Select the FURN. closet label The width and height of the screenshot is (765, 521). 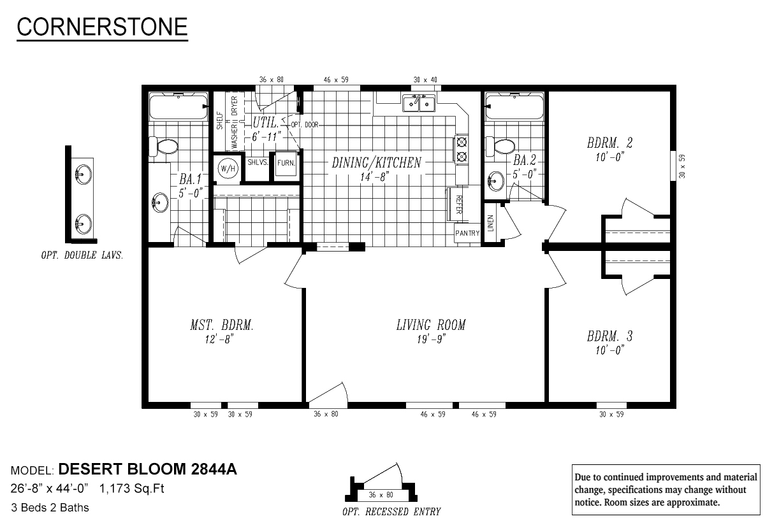(x=286, y=163)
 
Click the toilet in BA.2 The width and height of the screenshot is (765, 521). (x=503, y=147)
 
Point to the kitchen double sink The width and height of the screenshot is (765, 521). (x=419, y=103)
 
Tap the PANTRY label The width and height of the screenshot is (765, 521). (x=467, y=233)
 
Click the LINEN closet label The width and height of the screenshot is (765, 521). (x=490, y=223)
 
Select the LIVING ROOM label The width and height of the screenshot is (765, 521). (x=431, y=325)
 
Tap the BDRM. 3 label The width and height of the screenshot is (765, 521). (x=610, y=336)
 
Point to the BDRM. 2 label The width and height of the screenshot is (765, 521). (x=610, y=142)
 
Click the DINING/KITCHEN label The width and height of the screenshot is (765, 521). (x=376, y=162)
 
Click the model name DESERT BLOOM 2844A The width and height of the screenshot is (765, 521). (x=148, y=471)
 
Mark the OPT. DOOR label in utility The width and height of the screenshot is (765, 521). (x=305, y=125)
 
